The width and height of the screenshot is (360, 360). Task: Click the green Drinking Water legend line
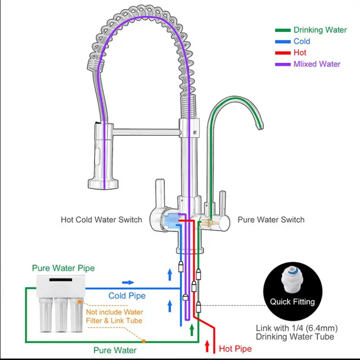pyautogui.click(x=282, y=30)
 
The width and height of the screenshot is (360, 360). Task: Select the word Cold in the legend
pyautogui.click(x=302, y=41)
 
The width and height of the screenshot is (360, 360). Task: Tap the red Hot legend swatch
pyautogui.click(x=282, y=52)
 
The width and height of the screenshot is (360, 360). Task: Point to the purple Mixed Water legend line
pyautogui.click(x=282, y=64)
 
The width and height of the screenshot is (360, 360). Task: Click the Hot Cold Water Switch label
pyautogui.click(x=101, y=220)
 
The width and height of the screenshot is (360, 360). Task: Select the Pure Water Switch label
pyautogui.click(x=271, y=220)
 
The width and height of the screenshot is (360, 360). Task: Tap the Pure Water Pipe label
pyautogui.click(x=63, y=268)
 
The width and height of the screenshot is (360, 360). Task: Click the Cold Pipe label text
pyautogui.click(x=127, y=296)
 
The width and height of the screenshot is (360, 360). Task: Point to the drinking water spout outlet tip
pyautogui.click(x=260, y=127)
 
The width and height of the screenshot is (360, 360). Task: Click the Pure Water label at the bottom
pyautogui.click(x=115, y=351)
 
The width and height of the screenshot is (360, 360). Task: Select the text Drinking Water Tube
pyautogui.click(x=295, y=337)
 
